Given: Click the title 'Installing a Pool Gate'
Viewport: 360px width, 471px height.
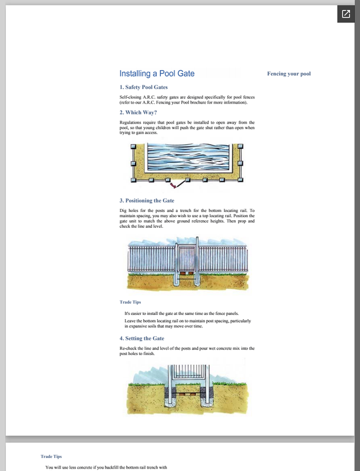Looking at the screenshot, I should point(157,74).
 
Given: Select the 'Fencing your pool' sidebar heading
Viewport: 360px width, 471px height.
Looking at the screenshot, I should point(289,74).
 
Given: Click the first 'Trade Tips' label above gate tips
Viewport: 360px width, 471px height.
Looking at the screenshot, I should point(130,302).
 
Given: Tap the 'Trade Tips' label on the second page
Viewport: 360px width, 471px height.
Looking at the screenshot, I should point(51,456).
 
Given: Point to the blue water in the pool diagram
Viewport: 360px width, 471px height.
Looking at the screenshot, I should point(185,157).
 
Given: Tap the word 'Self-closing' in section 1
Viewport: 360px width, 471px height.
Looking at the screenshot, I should point(131,96).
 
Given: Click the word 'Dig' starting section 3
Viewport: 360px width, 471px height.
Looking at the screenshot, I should point(123,210).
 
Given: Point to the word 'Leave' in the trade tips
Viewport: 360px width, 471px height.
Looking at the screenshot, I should point(131,320).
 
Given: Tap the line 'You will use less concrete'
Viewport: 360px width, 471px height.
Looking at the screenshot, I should point(106,467).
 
